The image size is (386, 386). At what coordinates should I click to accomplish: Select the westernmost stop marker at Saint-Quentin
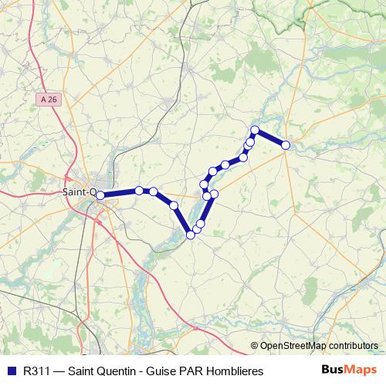pyautogui.click(x=100, y=195)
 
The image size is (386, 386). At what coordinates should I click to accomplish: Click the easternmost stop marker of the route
pyautogui.click(x=286, y=145)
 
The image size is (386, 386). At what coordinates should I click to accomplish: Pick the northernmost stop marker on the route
pyautogui.click(x=255, y=130)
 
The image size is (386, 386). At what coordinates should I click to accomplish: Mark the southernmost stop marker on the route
pyautogui.click(x=191, y=235)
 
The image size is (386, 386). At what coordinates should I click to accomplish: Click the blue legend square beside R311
pyautogui.click(x=10, y=371)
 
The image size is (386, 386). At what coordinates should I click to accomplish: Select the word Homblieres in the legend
pyautogui.click(x=235, y=371)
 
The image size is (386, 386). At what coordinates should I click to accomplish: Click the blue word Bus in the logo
pyautogui.click(x=333, y=370)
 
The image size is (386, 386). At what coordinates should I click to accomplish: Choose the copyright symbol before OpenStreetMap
pyautogui.click(x=255, y=347)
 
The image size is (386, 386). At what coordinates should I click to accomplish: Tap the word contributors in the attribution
pyautogui.click(x=350, y=347)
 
